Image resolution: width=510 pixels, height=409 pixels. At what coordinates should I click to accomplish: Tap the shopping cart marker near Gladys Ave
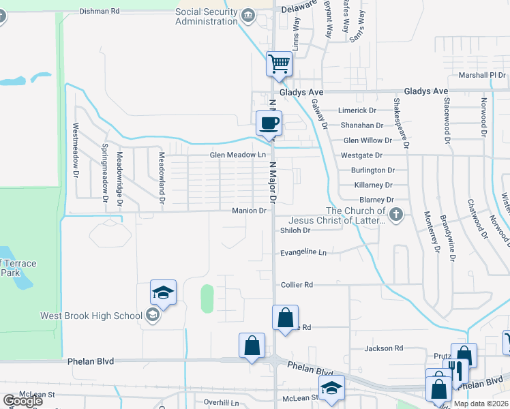(278, 64)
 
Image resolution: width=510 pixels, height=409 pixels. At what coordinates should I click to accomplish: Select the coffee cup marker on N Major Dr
(268, 123)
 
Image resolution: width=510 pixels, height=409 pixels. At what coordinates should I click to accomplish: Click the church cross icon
(396, 216)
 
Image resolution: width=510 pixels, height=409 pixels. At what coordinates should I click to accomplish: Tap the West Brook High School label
(91, 315)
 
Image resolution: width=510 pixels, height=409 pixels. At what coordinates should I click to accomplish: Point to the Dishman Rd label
(100, 11)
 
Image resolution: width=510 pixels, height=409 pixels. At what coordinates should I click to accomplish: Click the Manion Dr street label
(248, 211)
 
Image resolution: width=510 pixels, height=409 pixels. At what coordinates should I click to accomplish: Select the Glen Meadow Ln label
(237, 155)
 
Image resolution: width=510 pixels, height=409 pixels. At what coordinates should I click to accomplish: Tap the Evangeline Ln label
(303, 253)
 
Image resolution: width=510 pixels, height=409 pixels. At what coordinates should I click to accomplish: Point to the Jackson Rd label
(384, 348)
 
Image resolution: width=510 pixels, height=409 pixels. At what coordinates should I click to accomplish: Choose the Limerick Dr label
(358, 110)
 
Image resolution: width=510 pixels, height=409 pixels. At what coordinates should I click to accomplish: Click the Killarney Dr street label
(374, 185)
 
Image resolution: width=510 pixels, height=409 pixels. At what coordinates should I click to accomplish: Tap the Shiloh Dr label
(295, 230)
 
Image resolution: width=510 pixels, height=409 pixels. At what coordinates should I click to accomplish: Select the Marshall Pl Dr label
(482, 75)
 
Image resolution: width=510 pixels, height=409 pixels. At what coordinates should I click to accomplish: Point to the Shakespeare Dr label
(400, 123)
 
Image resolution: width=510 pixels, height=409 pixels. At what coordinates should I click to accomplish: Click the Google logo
(22, 400)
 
